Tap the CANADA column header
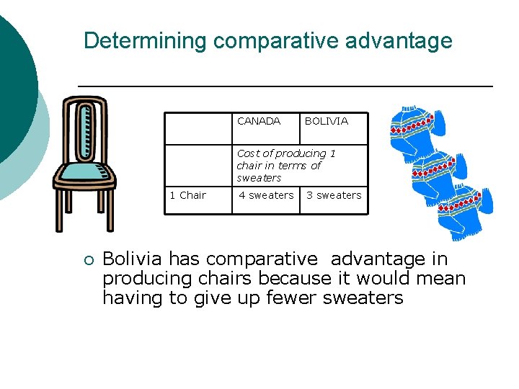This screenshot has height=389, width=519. [259, 121]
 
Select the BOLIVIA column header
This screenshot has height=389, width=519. [326, 121]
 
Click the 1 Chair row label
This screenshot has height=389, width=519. [187, 195]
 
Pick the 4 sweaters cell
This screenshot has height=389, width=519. [266, 195]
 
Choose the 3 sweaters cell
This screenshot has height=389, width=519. [334, 195]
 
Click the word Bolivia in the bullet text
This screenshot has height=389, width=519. [132, 259]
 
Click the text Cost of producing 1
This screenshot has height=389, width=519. [285, 153]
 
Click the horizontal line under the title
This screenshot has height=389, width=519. [285, 86]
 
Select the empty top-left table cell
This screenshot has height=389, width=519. [198, 128]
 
